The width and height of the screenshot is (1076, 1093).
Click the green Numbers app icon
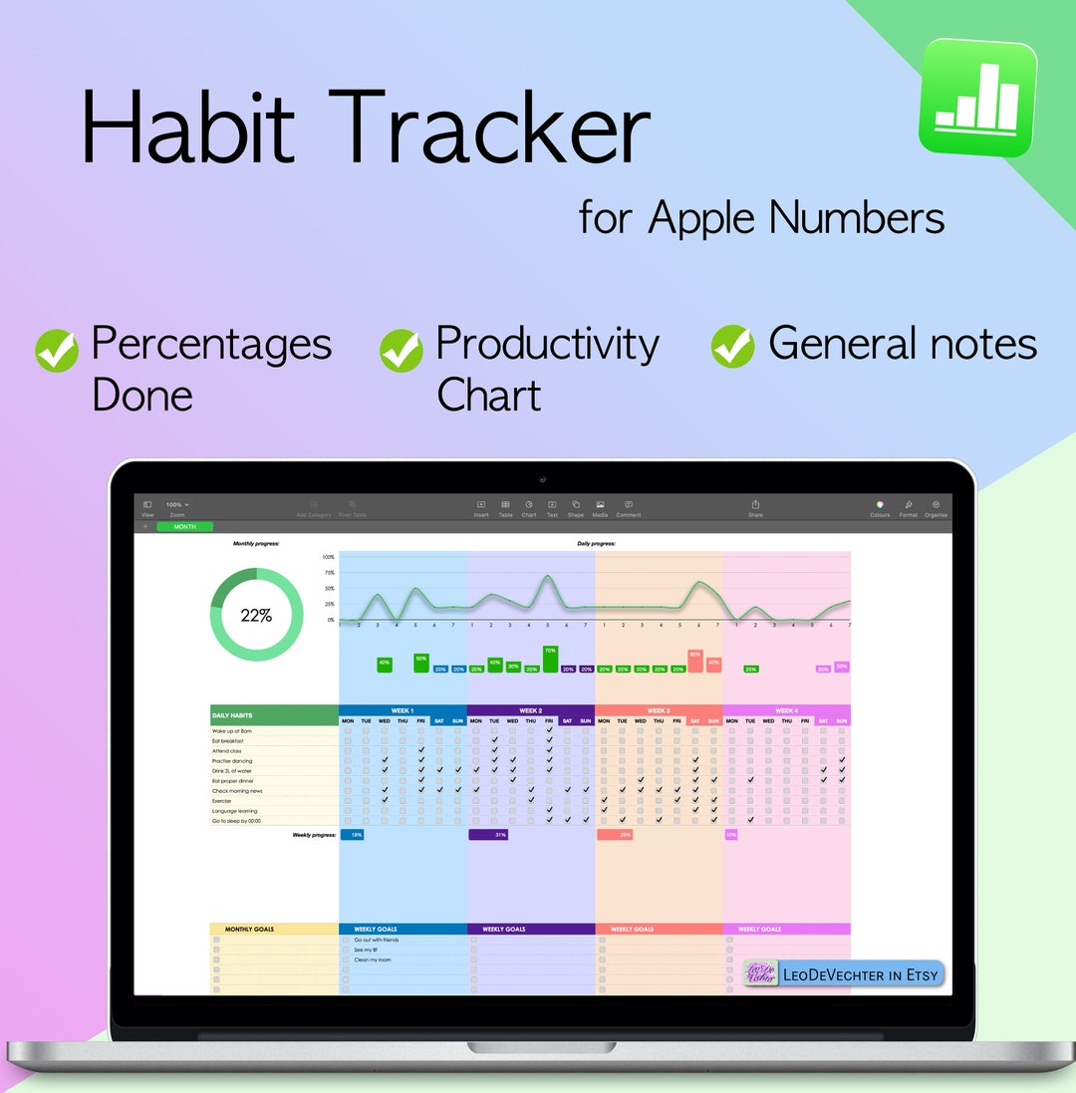(977, 98)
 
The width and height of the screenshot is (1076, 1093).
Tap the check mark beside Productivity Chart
(401, 351)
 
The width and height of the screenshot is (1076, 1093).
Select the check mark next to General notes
(732, 346)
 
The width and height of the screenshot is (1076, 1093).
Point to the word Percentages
(211, 344)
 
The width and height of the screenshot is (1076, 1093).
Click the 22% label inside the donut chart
(256, 616)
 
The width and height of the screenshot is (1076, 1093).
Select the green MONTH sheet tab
(184, 526)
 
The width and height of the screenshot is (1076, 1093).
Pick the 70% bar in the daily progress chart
(550, 659)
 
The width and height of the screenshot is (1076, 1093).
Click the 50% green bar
(421, 663)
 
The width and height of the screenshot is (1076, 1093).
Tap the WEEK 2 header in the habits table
(530, 710)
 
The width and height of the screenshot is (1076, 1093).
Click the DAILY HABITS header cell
(274, 715)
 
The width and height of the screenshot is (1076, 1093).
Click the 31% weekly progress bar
(488, 834)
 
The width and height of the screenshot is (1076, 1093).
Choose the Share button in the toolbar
(755, 508)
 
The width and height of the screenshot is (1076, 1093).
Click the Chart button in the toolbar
(528, 508)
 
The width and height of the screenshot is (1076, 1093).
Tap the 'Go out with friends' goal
(377, 940)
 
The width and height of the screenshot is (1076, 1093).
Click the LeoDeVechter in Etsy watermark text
(859, 974)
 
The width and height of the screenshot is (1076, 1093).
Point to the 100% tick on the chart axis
(329, 557)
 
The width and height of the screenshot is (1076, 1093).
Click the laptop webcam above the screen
(542, 479)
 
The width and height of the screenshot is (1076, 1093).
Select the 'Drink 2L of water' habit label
(232, 770)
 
